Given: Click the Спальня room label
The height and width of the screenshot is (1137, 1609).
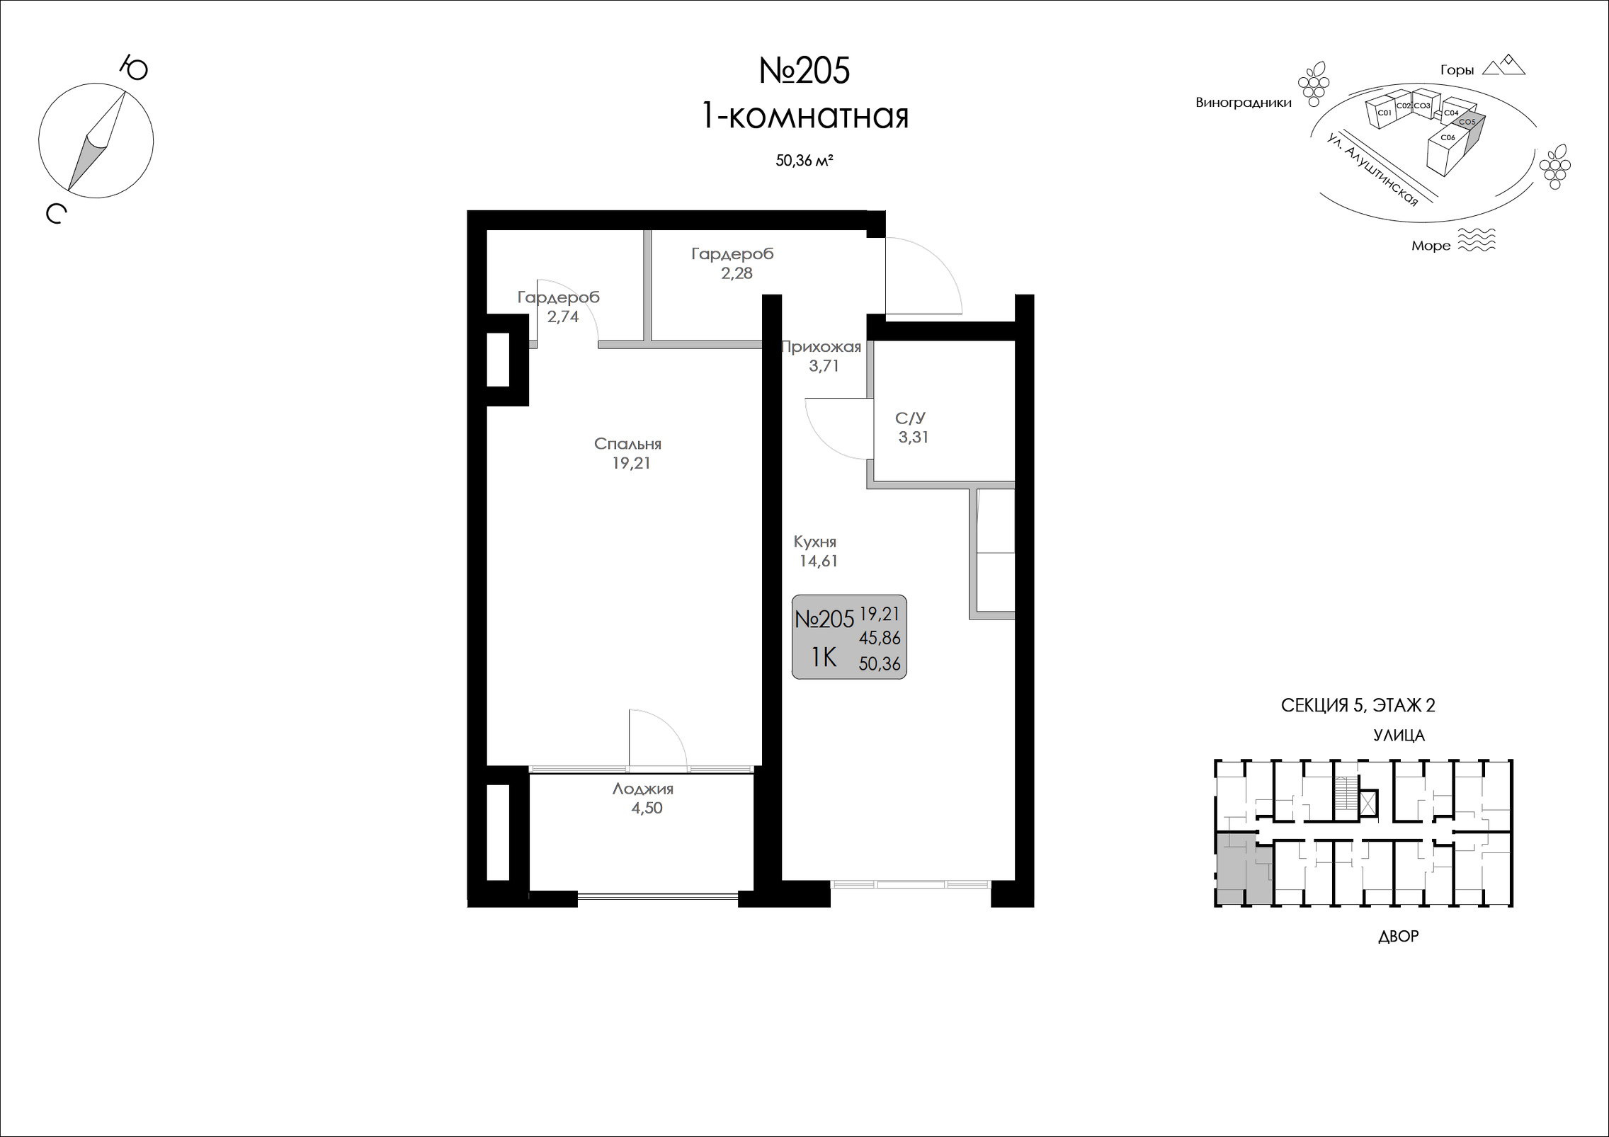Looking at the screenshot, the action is pos(627,444).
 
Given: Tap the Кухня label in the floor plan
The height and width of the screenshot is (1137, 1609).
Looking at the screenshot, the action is pos(815,542).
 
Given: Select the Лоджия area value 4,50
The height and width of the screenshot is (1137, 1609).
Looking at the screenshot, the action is pos(647,809).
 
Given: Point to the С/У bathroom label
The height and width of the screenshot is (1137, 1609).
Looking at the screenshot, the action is pos(910,418).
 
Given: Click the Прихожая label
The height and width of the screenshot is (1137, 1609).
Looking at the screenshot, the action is pos(821,347).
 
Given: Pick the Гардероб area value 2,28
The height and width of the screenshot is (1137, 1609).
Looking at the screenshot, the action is pos(737,273).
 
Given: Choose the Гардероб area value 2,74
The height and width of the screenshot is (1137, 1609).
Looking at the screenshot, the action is pos(563,317).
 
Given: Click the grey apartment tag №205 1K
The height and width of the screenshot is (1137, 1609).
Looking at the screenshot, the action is pos(849,637).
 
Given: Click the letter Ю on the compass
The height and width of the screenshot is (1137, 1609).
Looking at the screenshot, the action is pos(134,68).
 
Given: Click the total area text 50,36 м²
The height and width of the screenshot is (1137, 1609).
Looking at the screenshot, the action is pos(804,161).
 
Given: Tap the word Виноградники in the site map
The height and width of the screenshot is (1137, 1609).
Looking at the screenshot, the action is pos(1244,103).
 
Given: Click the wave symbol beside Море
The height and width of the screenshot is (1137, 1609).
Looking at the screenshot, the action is pos(1476,240).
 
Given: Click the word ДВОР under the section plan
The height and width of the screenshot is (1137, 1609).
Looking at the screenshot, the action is pos(1399,937).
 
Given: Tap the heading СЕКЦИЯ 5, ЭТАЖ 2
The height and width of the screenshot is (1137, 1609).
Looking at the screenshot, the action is pos(1358,705).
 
